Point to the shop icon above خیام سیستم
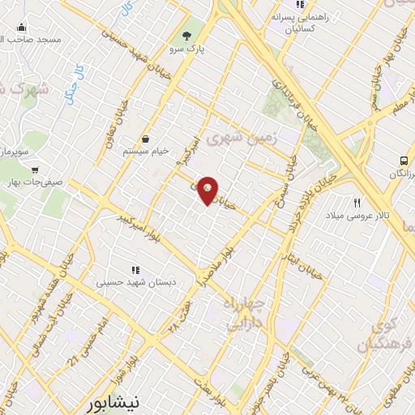[x=145, y=139]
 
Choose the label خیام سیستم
[x=144, y=152]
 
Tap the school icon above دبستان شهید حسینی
[x=135, y=269]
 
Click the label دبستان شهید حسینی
[x=135, y=283]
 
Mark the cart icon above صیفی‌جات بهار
[x=35, y=170]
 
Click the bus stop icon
[x=403, y=161]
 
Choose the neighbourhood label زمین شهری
[x=242, y=138]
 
